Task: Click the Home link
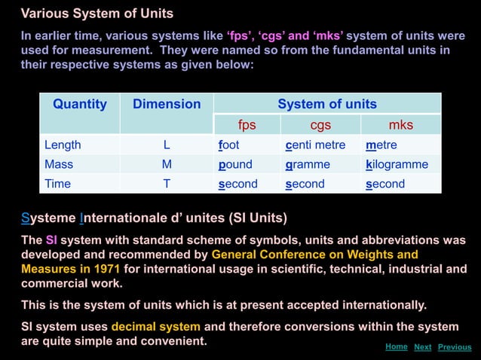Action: (396, 346)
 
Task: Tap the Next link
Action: (422, 347)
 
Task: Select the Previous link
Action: (454, 347)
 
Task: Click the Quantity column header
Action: (80, 104)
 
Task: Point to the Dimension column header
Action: (167, 104)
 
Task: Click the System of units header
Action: (327, 104)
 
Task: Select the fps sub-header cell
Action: (247, 124)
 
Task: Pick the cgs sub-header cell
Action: (320, 124)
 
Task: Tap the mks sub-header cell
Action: (400, 124)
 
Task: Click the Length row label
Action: (63, 145)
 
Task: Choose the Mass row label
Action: (59, 164)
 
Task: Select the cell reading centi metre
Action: (315, 145)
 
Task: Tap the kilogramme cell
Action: (397, 164)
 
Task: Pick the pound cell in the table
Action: (235, 164)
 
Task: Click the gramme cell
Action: (308, 164)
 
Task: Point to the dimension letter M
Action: (167, 164)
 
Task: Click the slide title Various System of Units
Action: (97, 14)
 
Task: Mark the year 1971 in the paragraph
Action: (106, 269)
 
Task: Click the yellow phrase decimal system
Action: (155, 327)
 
